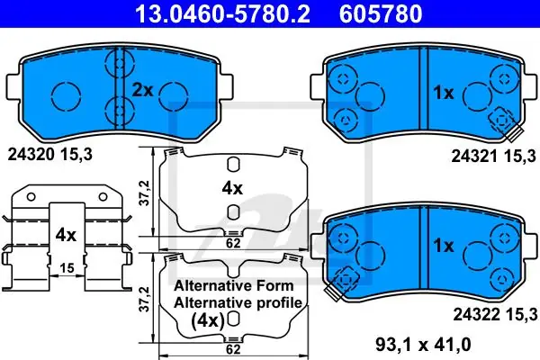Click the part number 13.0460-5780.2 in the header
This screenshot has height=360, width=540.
[x=223, y=13]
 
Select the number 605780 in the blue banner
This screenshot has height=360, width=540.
[x=381, y=13]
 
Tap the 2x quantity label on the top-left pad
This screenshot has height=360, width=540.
[x=142, y=90]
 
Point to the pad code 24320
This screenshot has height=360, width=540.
[x=31, y=155]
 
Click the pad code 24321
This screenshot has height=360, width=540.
[x=474, y=157]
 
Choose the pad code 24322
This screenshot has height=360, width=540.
[x=476, y=314]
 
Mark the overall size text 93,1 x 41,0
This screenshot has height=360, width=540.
[x=423, y=344]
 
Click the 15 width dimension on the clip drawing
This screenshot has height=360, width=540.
[x=67, y=267]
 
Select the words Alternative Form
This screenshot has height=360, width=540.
[x=234, y=285]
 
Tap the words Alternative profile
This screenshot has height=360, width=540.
[x=238, y=302]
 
